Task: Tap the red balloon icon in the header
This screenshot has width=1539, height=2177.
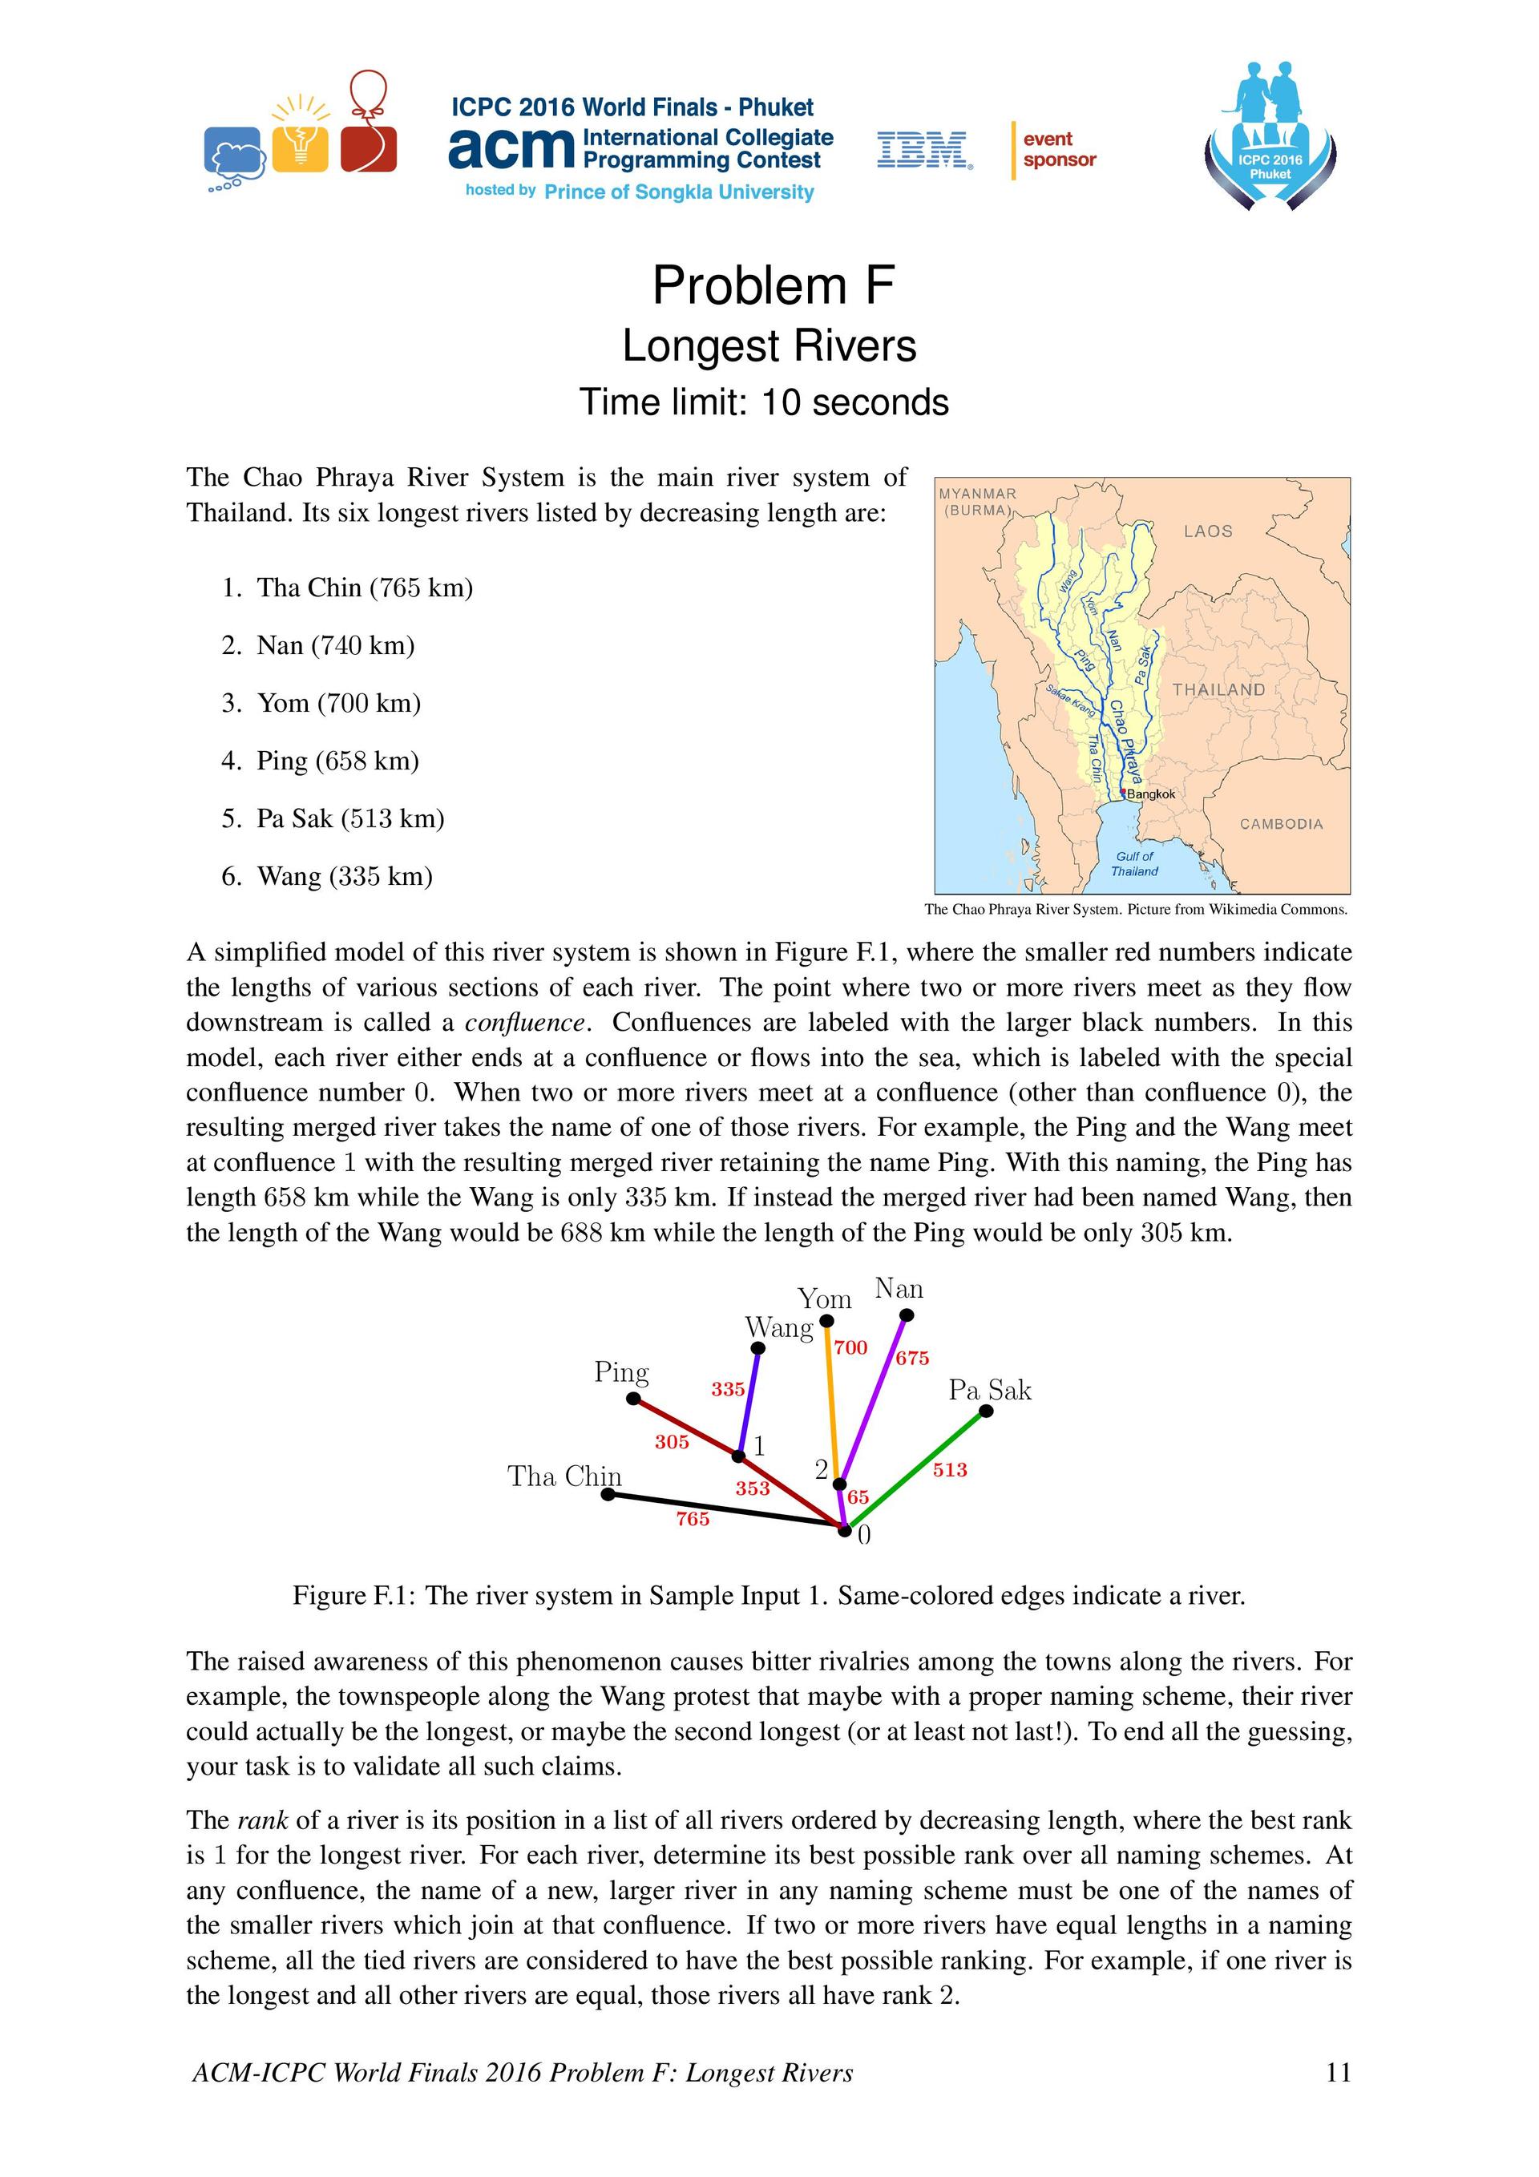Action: (369, 123)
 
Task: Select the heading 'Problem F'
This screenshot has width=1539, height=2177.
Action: (773, 285)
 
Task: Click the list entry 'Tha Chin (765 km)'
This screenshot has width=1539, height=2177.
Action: (364, 588)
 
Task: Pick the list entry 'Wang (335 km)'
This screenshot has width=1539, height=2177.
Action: (344, 876)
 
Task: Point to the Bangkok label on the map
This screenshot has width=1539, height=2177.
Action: (1150, 794)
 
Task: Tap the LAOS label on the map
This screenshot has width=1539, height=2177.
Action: (1207, 531)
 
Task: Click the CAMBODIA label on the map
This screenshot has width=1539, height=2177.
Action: (1280, 824)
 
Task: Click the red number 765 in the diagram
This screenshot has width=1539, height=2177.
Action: (693, 1519)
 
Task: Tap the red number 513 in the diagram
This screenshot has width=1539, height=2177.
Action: (949, 1470)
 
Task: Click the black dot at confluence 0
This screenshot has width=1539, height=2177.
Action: (844, 1529)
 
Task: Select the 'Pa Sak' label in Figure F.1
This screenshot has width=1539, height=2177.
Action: (989, 1391)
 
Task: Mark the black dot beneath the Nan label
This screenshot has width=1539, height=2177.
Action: (907, 1315)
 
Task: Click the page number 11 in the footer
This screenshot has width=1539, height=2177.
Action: (1338, 2073)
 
